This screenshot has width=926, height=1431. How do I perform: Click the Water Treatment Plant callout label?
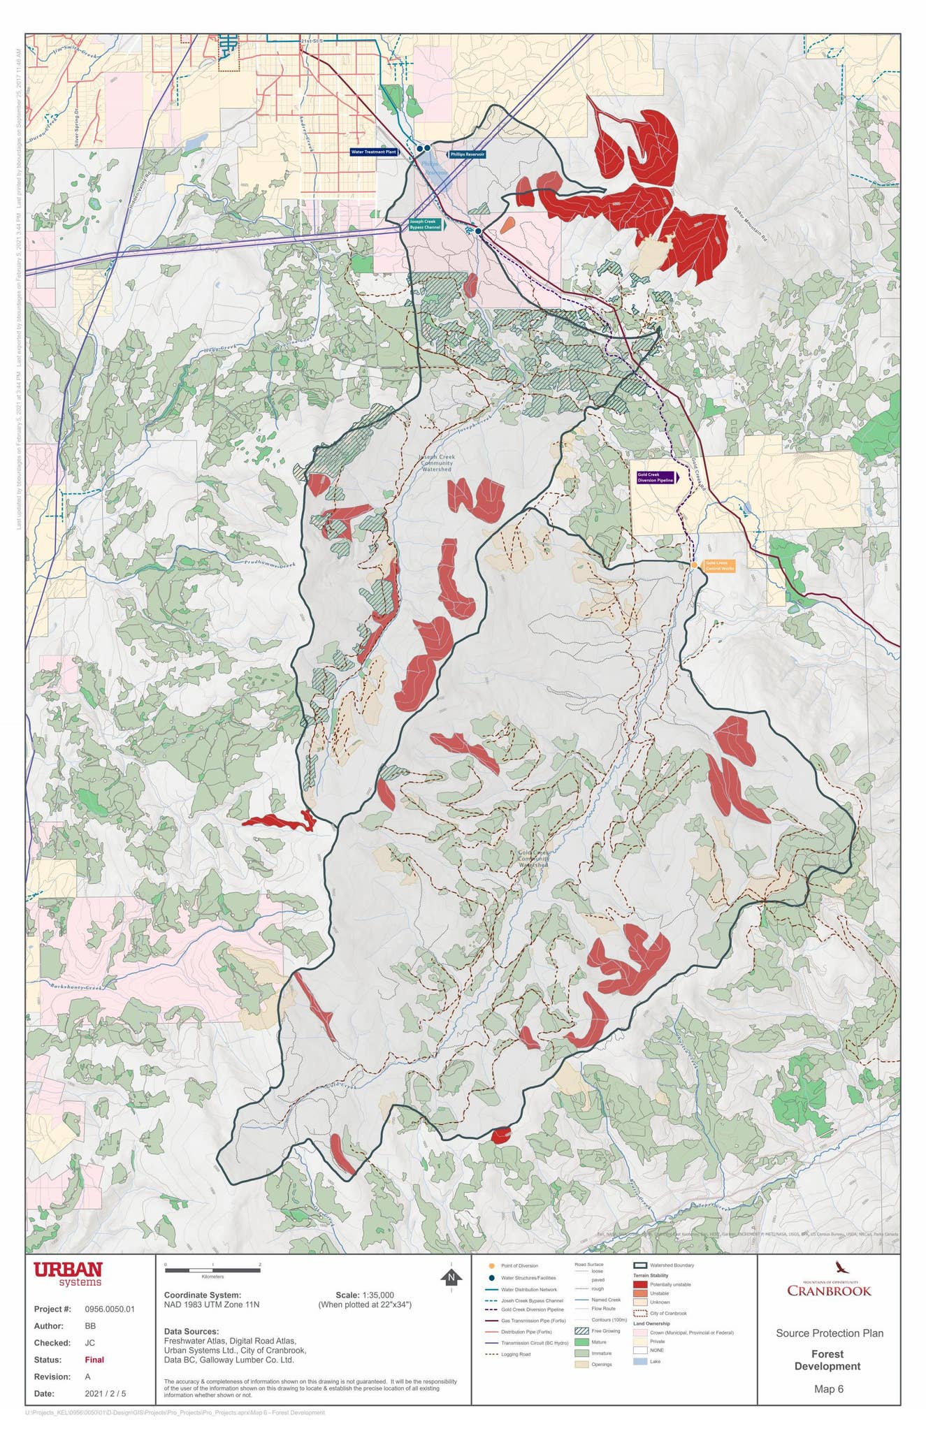click(373, 152)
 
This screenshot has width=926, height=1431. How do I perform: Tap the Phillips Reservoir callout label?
click(467, 154)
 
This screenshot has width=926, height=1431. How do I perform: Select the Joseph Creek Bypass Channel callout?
click(426, 225)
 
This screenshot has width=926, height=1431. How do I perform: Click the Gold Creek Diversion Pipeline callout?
click(656, 478)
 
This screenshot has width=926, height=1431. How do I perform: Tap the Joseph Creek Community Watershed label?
click(437, 463)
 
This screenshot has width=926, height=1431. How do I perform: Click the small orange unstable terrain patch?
click(507, 224)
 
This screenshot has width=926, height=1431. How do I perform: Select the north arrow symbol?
click(452, 1277)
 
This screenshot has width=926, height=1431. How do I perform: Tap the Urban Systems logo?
click(68, 1273)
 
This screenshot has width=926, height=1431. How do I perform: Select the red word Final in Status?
click(94, 1360)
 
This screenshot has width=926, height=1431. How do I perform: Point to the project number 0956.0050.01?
click(110, 1309)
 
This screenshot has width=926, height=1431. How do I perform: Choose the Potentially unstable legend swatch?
click(639, 1284)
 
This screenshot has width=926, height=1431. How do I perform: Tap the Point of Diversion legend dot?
click(492, 1265)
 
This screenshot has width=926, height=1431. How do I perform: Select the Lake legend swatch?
click(639, 1361)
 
